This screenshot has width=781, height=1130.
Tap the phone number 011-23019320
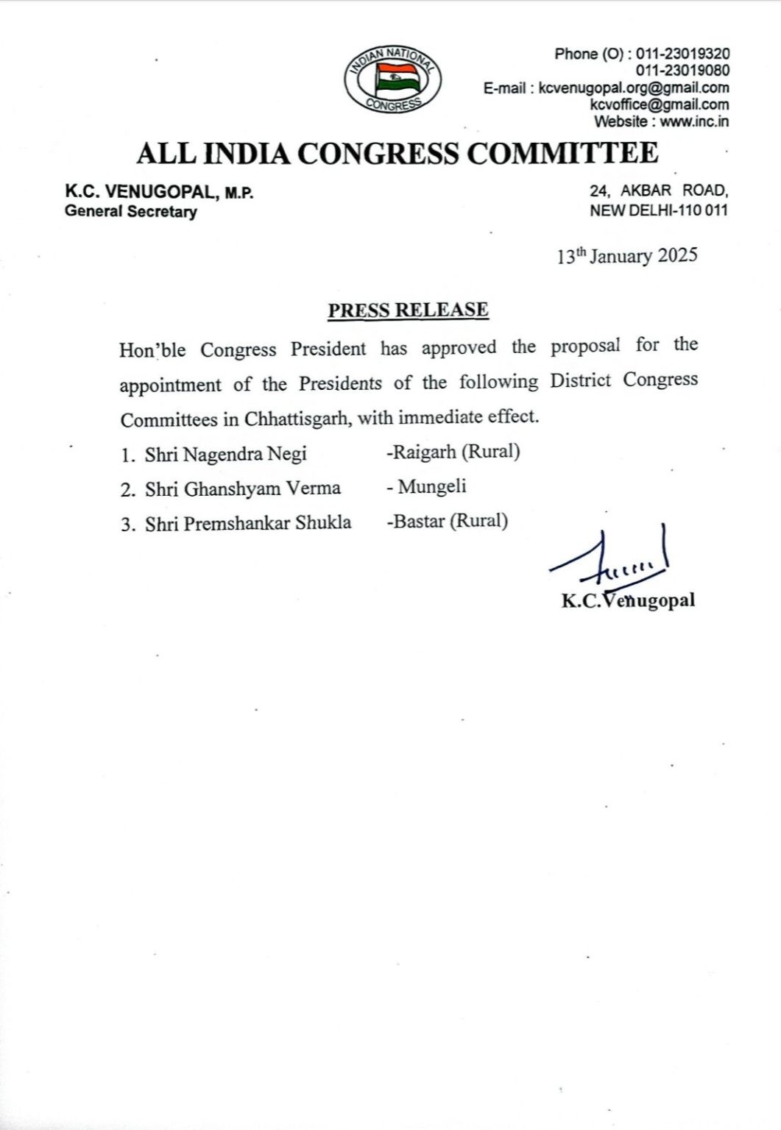pos(683,54)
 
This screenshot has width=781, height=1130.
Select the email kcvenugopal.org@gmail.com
pos(634,88)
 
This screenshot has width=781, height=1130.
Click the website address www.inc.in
pos(694,122)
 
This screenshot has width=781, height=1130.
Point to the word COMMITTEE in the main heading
pos(563,153)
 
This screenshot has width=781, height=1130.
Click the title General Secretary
pos(131,212)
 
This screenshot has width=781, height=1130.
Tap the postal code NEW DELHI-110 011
pos(659,210)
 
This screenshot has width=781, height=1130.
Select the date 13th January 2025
pos(626,256)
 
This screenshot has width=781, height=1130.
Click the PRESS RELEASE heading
pos(408,310)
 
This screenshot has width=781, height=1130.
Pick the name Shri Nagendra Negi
pos(225,454)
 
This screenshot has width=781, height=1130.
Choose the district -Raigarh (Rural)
pos(453,452)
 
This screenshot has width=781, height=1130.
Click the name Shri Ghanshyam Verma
pos(242,488)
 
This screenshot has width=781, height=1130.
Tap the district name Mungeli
pos(432,486)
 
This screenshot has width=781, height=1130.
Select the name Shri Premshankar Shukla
pos(248,523)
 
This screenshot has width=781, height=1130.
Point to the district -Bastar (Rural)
pos(447,522)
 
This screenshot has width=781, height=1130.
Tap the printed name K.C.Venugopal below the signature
pos(628,601)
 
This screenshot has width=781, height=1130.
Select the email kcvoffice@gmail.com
pos(660,105)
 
